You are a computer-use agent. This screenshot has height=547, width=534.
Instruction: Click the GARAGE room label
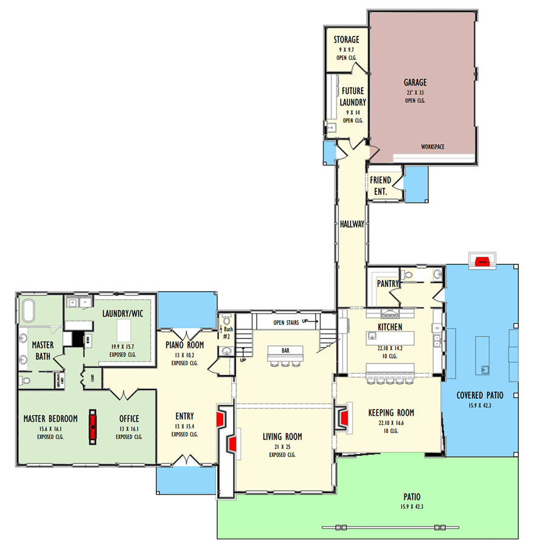[x=415, y=83]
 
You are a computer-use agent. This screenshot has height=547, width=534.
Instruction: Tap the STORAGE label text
[x=346, y=40]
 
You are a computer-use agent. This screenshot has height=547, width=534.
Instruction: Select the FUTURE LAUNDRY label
[x=353, y=97]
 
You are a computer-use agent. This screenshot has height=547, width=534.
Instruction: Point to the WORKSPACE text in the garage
[x=432, y=147]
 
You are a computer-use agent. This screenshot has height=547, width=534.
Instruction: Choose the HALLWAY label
[x=352, y=224]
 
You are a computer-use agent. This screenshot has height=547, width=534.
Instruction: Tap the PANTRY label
[x=387, y=283]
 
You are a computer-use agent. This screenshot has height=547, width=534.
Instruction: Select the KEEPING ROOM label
[x=400, y=413]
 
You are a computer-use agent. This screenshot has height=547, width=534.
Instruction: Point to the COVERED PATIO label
[x=480, y=396]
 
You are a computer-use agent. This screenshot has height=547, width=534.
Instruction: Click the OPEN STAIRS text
[x=286, y=322]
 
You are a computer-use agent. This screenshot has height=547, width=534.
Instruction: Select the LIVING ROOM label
[x=282, y=436]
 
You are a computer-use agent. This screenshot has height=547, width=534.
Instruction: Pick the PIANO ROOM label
[x=184, y=345]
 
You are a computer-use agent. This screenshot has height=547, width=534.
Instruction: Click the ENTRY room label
[x=184, y=416]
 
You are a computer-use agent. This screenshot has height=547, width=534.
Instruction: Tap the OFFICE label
[x=129, y=419]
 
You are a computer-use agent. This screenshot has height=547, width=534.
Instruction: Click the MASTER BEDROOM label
[x=50, y=419]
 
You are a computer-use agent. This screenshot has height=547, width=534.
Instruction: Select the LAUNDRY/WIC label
[x=122, y=313]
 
